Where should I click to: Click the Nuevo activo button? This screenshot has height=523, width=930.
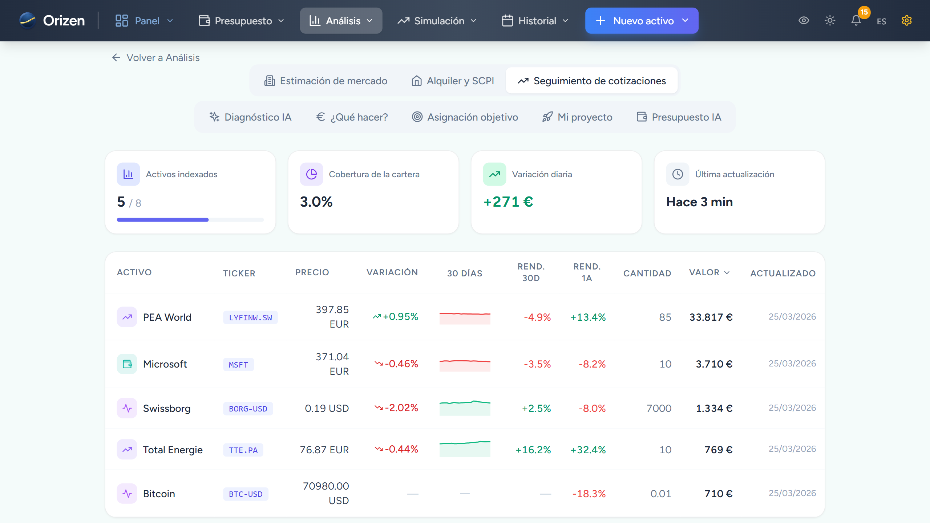642,21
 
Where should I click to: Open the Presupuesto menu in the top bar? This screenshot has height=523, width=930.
241,21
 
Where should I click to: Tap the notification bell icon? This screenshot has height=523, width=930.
856,21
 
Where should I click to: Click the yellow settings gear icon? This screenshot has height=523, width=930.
906,21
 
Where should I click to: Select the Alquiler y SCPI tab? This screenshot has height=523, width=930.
453,81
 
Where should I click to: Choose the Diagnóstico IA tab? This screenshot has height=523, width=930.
250,117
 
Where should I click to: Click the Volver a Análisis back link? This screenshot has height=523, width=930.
156,57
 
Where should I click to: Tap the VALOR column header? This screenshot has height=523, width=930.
709,272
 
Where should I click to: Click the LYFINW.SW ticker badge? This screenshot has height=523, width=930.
250,317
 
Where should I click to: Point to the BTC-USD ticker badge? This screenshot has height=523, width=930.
246,494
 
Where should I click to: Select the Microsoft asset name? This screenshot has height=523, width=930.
165,364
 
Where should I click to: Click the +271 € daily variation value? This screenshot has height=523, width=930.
508,202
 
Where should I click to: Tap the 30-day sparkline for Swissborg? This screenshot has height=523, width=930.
465,408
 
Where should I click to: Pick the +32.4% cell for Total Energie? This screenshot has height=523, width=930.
588,450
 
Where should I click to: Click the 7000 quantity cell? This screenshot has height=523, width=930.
659,408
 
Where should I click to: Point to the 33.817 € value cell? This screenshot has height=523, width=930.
711,317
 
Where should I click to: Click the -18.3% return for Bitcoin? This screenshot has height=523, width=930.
589,494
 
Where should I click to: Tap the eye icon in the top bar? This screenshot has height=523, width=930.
804,21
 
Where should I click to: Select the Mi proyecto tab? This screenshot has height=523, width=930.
577,117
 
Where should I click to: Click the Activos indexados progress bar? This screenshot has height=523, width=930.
190,220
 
